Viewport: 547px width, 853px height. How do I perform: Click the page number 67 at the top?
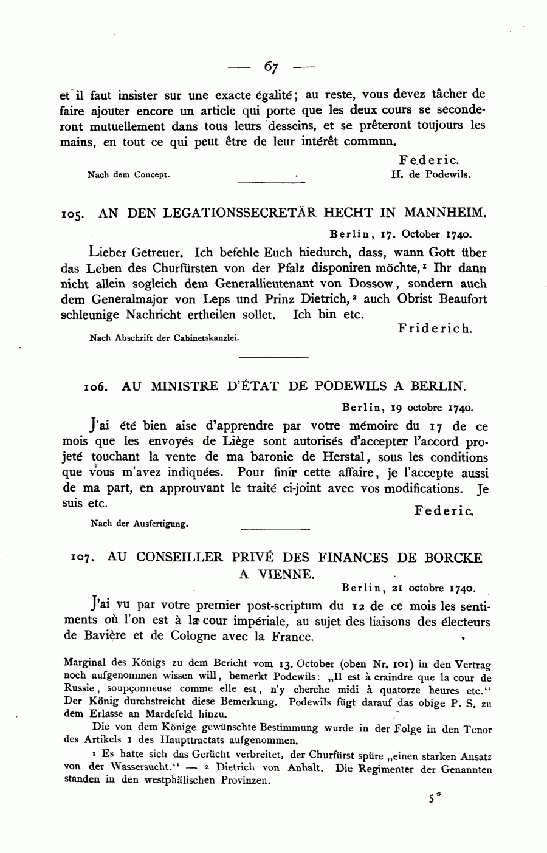coord(272,67)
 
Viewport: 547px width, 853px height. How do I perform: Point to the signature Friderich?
coord(435,329)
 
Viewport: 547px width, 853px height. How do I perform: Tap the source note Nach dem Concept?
coord(129,175)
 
